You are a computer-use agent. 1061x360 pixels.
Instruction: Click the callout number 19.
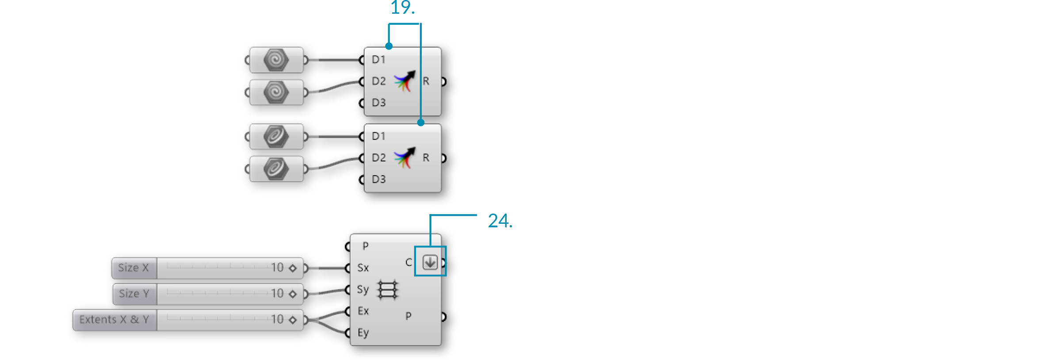(402, 8)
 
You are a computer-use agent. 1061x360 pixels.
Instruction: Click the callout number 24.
(499, 221)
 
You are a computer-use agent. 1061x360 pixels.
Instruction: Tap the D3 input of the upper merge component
(378, 103)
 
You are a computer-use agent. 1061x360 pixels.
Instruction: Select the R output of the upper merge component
(426, 81)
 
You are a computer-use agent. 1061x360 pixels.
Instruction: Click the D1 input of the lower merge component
(378, 136)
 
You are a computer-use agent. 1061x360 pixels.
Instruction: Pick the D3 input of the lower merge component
(378, 179)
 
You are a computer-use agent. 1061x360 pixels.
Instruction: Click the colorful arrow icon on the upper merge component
(405, 81)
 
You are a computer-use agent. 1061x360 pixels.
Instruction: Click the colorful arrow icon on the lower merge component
(405, 157)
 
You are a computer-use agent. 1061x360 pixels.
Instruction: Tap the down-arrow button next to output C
(430, 262)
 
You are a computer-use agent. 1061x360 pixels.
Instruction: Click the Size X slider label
(134, 268)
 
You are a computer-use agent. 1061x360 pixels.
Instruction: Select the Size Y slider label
(134, 294)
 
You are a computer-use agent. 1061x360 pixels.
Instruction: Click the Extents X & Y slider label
(114, 320)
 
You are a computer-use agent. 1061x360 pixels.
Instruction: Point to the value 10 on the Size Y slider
(277, 294)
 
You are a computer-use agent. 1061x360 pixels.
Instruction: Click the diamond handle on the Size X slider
(293, 268)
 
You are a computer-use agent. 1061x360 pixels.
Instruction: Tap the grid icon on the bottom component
(387, 290)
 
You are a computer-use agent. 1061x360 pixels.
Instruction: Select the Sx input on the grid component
(363, 268)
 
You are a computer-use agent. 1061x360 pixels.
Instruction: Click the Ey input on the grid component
(363, 333)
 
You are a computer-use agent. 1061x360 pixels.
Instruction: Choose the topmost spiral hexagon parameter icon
(276, 60)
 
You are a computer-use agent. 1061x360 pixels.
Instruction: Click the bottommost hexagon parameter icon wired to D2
(276, 169)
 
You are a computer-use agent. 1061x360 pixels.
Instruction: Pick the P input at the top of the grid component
(365, 246)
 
